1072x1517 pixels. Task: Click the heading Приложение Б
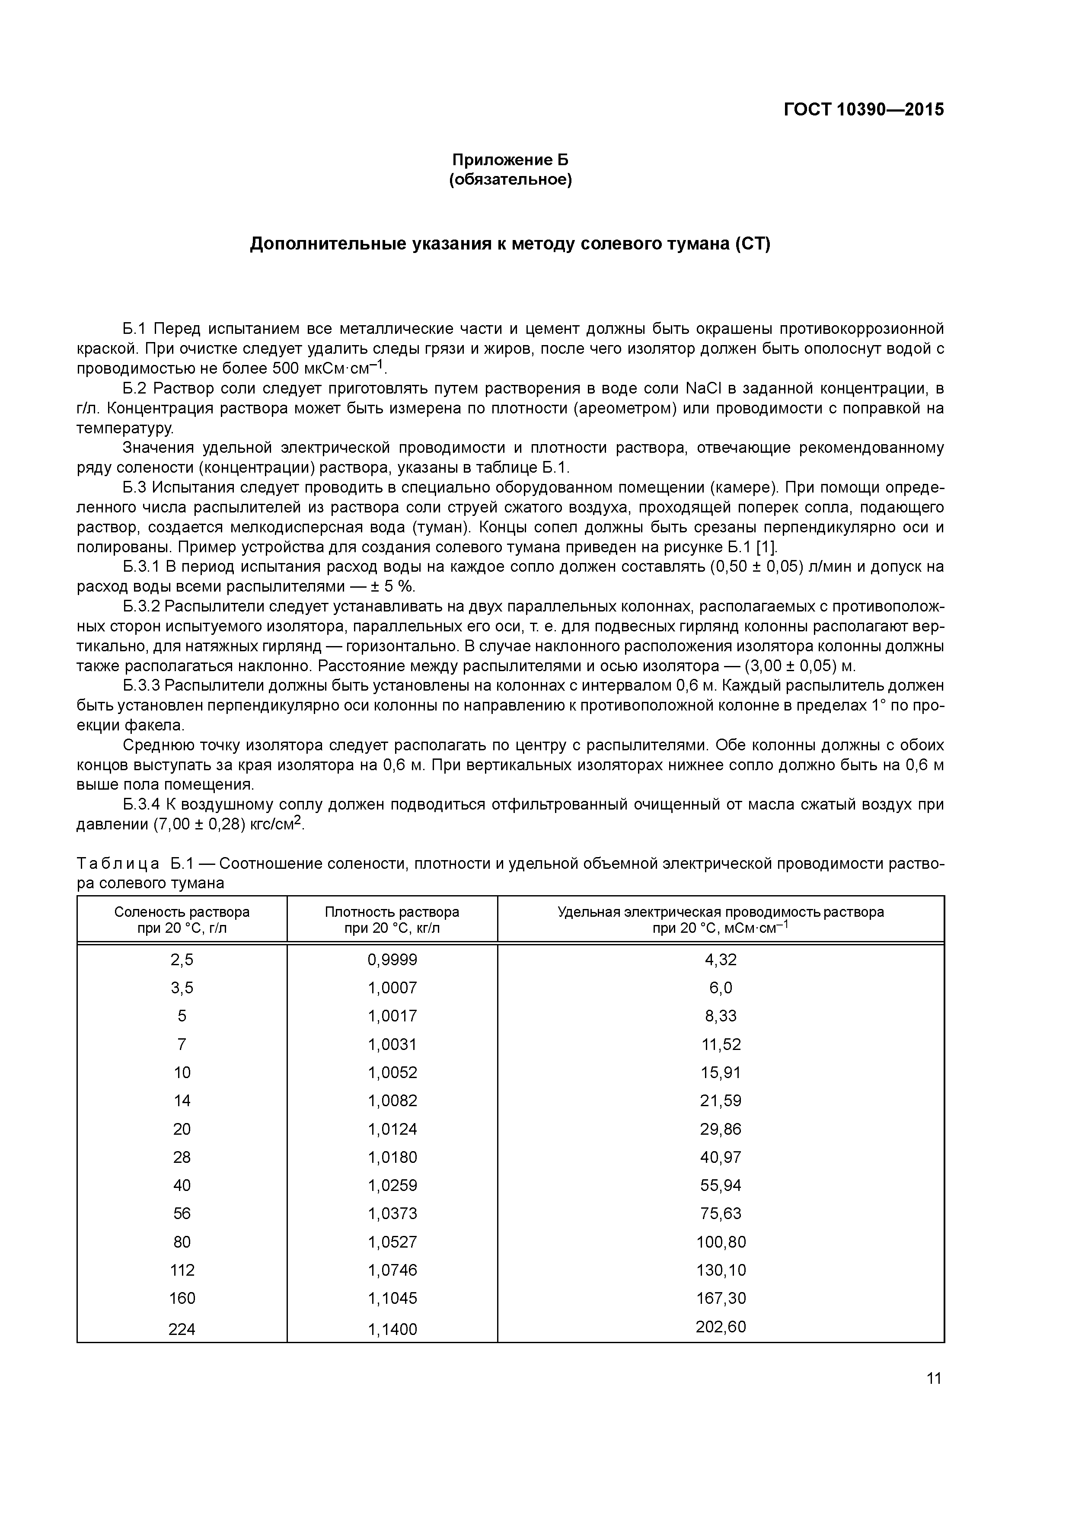click(x=510, y=160)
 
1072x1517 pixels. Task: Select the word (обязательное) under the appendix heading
click(x=510, y=180)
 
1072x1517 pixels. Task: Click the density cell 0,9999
click(x=392, y=959)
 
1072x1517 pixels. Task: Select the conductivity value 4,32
click(x=721, y=959)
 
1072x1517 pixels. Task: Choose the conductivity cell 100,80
click(x=721, y=1242)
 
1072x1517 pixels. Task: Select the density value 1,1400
click(x=392, y=1329)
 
